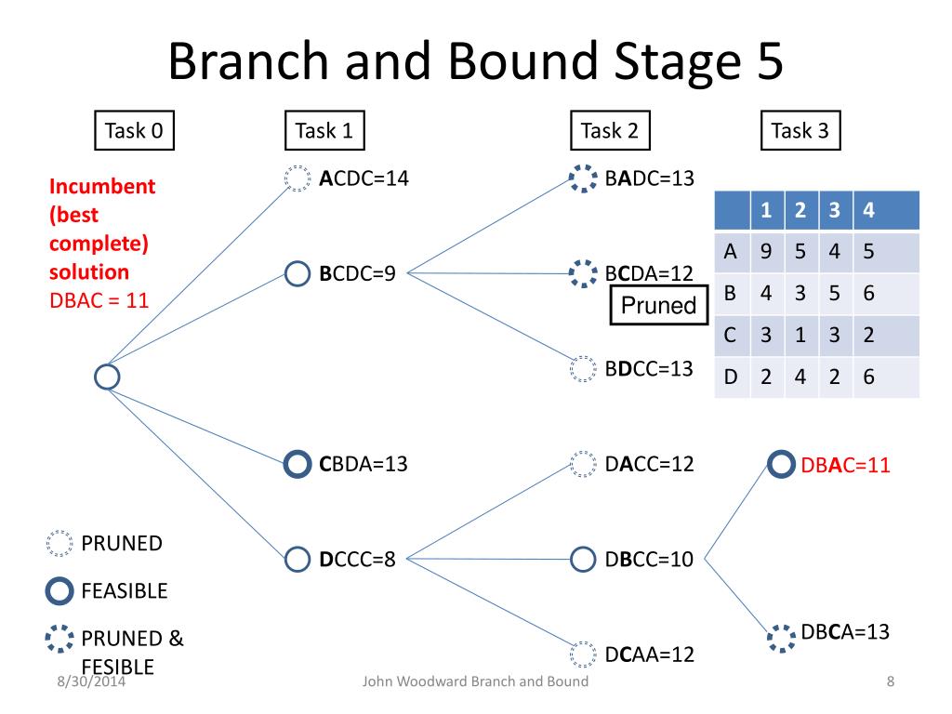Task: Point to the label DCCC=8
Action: [x=357, y=559]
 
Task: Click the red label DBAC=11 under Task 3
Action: [x=845, y=465]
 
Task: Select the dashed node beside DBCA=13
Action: [x=781, y=626]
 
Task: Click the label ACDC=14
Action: [x=364, y=178]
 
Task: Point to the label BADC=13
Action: [x=649, y=178]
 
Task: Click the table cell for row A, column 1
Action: [x=766, y=251]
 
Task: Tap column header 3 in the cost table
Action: [x=835, y=210]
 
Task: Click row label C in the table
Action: [x=731, y=335]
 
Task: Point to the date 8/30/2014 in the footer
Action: [x=91, y=681]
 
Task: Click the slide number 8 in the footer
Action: [x=890, y=681]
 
